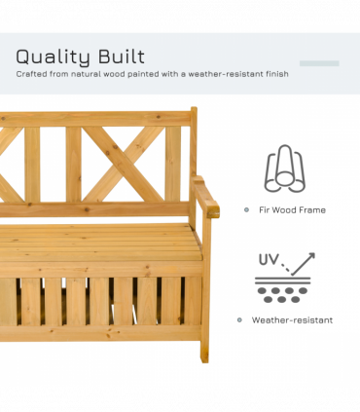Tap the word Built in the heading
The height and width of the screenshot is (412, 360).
tap(119, 56)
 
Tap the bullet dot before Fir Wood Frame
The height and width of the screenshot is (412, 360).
tap(246, 209)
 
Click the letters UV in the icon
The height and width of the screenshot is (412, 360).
tap(269, 261)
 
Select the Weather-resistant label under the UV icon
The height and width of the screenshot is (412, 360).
tap(292, 319)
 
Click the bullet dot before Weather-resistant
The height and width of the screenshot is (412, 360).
tap(238, 319)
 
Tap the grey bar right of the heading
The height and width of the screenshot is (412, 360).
tap(319, 63)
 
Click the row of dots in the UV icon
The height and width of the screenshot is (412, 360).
tap(281, 292)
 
